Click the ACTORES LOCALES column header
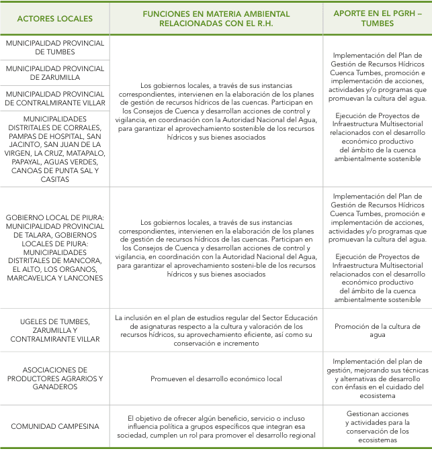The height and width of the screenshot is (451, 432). pyautogui.click(x=55, y=18)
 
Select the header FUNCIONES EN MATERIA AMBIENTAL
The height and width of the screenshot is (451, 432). pyautogui.click(x=216, y=13)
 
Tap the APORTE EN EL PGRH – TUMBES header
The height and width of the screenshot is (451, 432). pyautogui.click(x=377, y=18)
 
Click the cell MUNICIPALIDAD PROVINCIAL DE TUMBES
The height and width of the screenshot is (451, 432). pyautogui.click(x=55, y=47)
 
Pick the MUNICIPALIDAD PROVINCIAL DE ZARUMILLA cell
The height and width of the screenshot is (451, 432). pyautogui.click(x=55, y=72)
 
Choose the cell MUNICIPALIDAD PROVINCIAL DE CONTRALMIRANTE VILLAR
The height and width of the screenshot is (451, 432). pyautogui.click(x=55, y=98)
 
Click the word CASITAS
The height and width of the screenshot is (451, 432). pyautogui.click(x=55, y=179)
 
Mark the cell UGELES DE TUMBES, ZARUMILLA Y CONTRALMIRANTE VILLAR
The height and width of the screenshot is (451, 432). pyautogui.click(x=55, y=330)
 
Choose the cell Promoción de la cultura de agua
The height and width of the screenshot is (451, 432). pyautogui.click(x=377, y=330)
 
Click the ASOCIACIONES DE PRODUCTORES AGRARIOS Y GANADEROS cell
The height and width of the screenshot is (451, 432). pyautogui.click(x=55, y=378)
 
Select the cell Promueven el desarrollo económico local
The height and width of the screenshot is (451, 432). pyautogui.click(x=216, y=379)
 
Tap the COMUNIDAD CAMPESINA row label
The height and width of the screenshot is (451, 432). pyautogui.click(x=55, y=426)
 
